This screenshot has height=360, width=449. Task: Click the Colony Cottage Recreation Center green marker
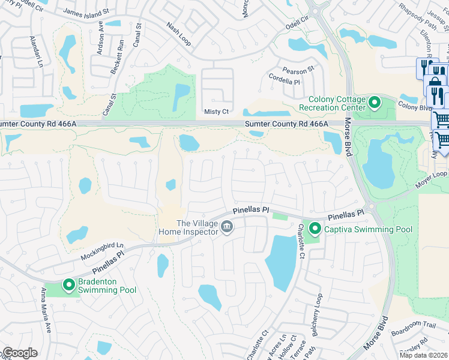click(375, 103)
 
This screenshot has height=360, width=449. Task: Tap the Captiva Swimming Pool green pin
click(315, 229)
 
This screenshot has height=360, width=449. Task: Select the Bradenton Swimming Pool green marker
click(70, 285)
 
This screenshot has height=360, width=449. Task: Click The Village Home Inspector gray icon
click(227, 226)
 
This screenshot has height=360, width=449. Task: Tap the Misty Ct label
click(217, 112)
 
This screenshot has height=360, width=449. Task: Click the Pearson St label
click(299, 71)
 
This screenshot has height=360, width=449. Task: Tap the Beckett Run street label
click(115, 57)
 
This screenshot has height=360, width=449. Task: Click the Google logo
click(20, 353)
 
